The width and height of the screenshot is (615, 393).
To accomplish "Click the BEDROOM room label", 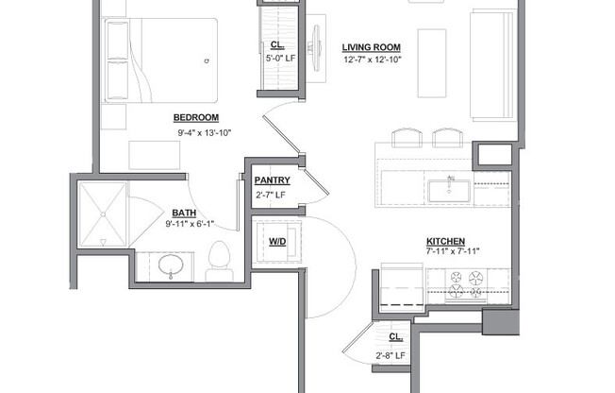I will [196, 117].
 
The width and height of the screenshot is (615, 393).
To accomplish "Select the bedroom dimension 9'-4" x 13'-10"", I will [204, 133].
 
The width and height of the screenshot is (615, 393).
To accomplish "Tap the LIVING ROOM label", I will [371, 47].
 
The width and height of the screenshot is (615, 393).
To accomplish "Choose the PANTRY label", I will [272, 180].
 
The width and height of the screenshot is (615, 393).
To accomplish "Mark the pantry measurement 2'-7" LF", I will [272, 196].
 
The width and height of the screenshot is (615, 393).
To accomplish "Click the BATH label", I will [184, 213].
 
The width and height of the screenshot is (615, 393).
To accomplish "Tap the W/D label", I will [277, 242].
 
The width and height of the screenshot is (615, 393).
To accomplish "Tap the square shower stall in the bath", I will [103, 214].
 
